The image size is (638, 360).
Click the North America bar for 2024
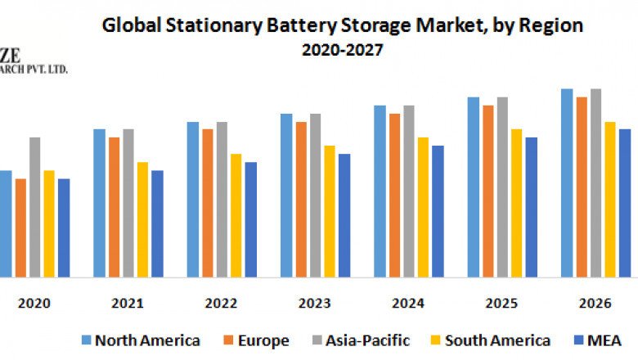(380, 191)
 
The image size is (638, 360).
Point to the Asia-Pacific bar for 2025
(502, 187)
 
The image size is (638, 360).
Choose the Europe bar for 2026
(582, 187)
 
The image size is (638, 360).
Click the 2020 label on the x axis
(34, 303)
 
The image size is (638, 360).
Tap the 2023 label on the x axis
(314, 303)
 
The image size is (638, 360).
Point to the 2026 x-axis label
(595, 303)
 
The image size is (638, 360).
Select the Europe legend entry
(261, 340)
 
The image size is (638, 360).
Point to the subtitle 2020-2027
(342, 50)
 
